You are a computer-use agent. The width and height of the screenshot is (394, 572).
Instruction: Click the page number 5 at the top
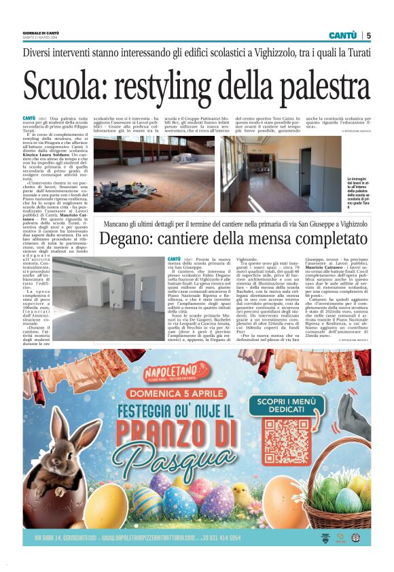pos(368,35)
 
